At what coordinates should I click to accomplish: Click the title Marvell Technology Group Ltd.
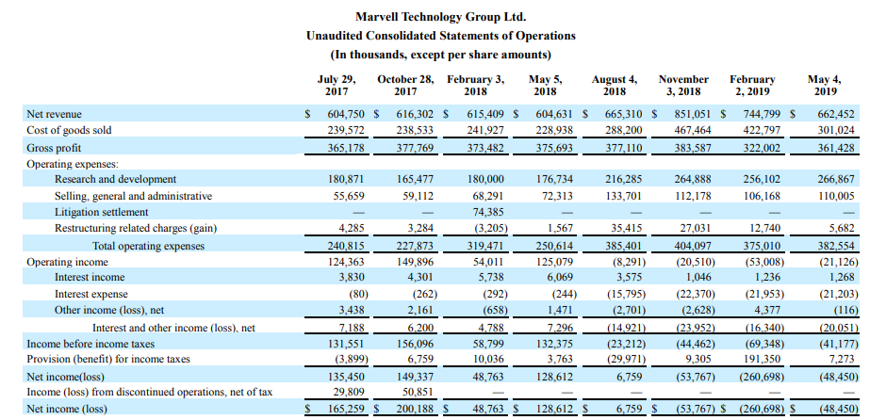(x=440, y=17)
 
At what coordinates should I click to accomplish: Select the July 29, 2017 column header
(x=337, y=86)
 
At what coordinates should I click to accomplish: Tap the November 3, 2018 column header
(x=682, y=86)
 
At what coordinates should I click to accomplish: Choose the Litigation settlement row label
(x=102, y=212)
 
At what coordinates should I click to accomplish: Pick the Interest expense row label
(x=91, y=294)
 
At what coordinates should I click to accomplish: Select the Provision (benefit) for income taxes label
(x=108, y=359)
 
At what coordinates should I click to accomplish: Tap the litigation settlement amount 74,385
(x=486, y=212)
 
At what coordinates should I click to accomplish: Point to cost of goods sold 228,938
(x=554, y=130)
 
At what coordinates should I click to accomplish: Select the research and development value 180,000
(x=484, y=179)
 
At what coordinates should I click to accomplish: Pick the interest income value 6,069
(x=558, y=277)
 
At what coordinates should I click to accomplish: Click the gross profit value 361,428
(x=836, y=149)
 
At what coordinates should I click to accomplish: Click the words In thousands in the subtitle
(x=368, y=55)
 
